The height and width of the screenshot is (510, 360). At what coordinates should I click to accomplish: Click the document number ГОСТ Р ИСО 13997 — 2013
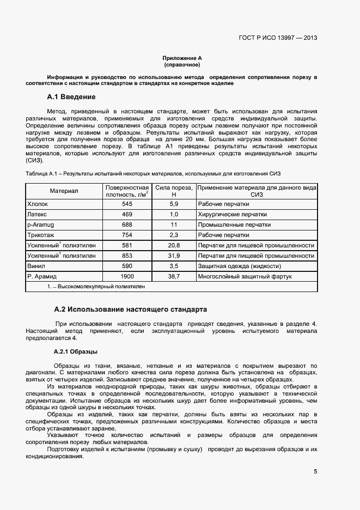tap(278, 38)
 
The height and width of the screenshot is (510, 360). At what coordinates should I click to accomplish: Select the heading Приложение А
tap(182, 58)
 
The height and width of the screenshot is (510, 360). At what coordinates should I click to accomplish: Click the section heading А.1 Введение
tap(71, 97)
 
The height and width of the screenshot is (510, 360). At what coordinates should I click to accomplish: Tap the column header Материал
tap(64, 191)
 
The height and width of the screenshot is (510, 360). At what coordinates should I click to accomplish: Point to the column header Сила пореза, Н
tap(174, 191)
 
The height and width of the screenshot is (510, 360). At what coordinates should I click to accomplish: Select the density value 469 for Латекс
tap(127, 214)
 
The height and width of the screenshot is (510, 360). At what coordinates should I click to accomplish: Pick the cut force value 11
tap(174, 224)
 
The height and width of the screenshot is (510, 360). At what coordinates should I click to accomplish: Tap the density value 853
tap(127, 256)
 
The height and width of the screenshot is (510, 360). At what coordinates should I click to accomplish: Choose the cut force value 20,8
tap(174, 245)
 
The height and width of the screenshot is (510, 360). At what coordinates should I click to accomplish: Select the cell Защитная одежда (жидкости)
tap(239, 266)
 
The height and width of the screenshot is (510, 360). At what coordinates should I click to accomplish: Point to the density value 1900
tap(127, 276)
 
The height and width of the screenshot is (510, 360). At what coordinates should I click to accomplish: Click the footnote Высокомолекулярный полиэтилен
tap(98, 286)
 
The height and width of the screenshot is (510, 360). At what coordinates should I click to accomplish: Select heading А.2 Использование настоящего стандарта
tap(130, 309)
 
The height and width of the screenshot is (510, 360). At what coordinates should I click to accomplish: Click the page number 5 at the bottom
tap(315, 471)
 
